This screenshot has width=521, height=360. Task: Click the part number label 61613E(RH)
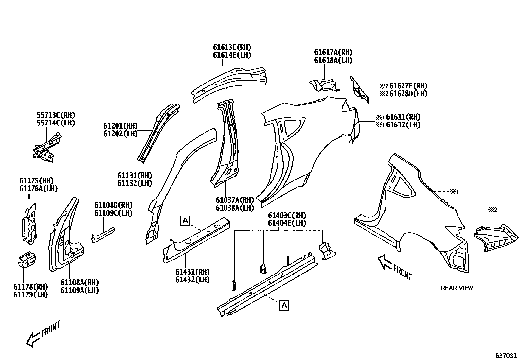click(232, 47)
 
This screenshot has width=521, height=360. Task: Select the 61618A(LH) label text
click(333, 60)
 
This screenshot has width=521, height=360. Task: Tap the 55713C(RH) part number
click(56, 115)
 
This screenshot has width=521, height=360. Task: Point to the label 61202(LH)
click(120, 134)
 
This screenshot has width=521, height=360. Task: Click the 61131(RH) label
click(135, 176)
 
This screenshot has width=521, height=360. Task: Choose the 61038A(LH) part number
click(235, 208)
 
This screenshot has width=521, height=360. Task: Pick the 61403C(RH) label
click(287, 216)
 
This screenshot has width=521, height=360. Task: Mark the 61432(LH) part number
click(192, 280)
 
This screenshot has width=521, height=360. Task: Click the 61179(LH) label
click(30, 294)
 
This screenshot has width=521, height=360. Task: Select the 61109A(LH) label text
click(80, 290)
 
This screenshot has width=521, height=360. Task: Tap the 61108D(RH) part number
click(113, 205)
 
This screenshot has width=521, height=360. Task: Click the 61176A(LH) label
click(38, 189)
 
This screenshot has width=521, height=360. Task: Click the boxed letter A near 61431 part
click(185, 221)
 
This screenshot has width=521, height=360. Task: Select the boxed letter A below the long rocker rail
click(284, 305)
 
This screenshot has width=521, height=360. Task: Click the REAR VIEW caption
click(457, 288)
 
